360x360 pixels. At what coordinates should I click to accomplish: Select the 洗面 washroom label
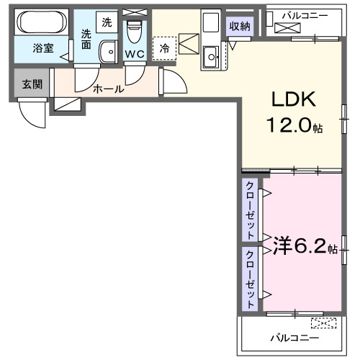pyautogui.click(x=86, y=38)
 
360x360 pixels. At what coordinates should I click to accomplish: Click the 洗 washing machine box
pyautogui.click(x=107, y=22)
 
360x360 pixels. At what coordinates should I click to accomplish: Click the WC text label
pyautogui.click(x=134, y=54)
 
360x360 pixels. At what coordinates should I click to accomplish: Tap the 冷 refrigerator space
pyautogui.click(x=164, y=48)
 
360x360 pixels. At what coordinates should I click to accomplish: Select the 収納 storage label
pyautogui.click(x=240, y=27)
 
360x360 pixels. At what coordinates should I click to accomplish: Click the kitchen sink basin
pyautogui.click(x=211, y=54)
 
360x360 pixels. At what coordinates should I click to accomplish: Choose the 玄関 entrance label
pyautogui.click(x=32, y=84)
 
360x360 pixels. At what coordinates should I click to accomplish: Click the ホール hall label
pyautogui.click(x=108, y=89)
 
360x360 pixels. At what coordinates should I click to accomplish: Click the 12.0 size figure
pyautogui.click(x=292, y=127)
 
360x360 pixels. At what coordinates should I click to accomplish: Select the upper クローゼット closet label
pyautogui.click(x=250, y=210)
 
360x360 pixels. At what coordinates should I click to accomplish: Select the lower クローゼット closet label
pyautogui.click(x=250, y=279)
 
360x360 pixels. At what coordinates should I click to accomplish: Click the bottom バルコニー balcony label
pyautogui.click(x=294, y=337)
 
